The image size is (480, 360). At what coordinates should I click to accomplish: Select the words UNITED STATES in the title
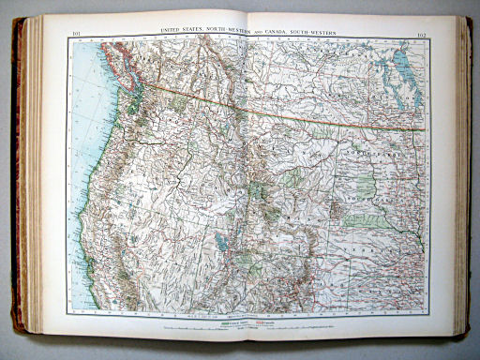coord(182,31)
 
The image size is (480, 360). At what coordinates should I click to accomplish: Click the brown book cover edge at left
coord(17,187)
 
